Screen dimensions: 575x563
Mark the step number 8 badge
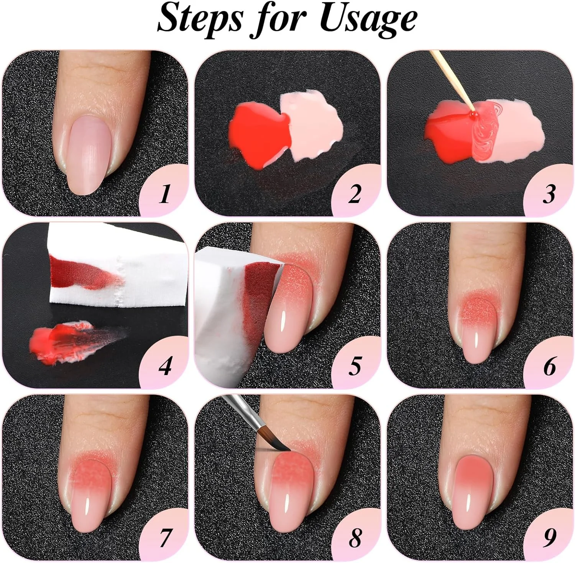point(356,535)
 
